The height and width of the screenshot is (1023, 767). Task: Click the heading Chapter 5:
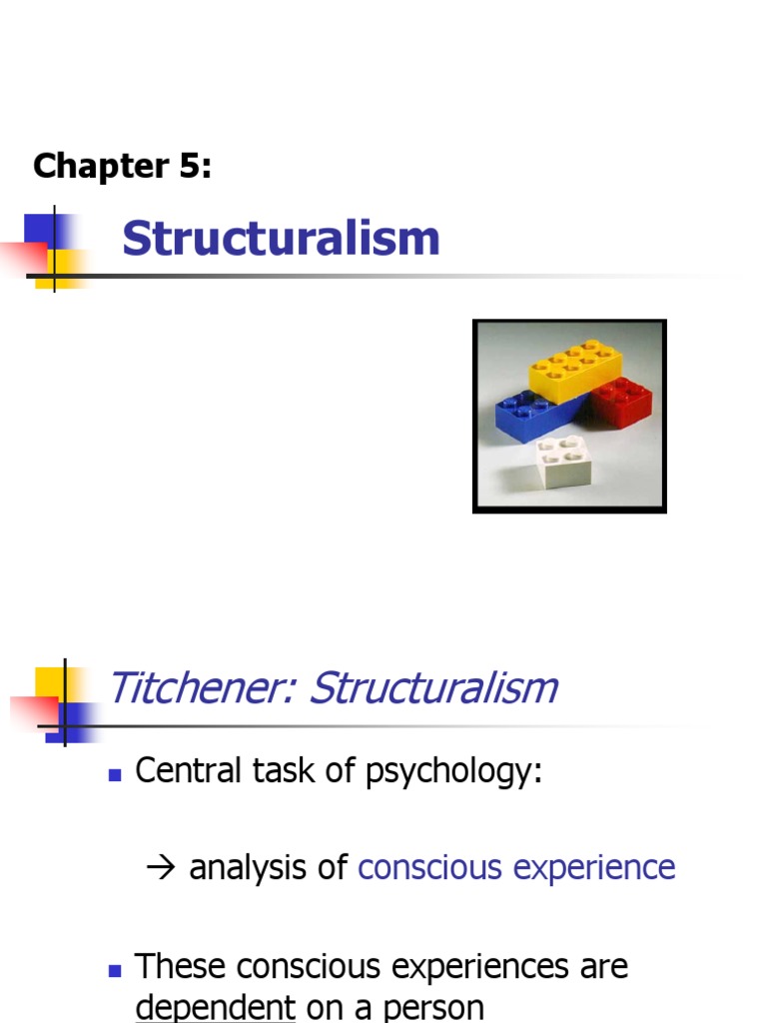122,166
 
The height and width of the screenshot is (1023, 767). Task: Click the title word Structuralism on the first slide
281,240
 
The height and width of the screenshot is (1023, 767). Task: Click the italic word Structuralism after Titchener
432,688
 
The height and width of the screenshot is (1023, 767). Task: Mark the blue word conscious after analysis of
430,868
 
